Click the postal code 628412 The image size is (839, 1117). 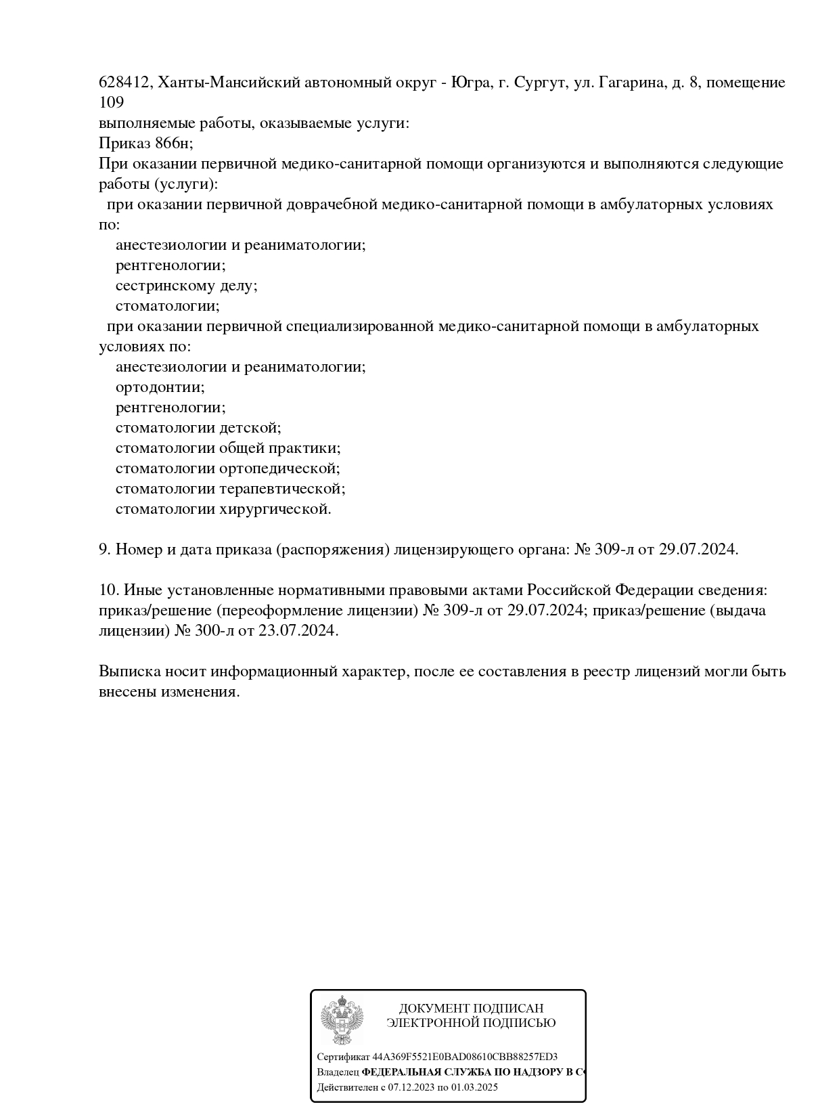[x=125, y=83]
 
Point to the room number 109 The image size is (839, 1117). [x=112, y=103]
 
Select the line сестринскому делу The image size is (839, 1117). [x=186, y=286]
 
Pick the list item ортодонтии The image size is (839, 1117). [x=160, y=387]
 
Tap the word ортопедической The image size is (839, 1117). [x=279, y=468]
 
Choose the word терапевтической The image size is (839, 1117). [x=282, y=489]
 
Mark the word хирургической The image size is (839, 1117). [x=275, y=509]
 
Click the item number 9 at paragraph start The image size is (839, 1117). [x=104, y=550]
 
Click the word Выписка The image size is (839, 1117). [x=129, y=672]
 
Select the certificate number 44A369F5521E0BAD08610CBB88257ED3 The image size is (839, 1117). [x=465, y=1057]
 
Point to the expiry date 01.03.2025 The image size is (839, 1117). [x=474, y=1088]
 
